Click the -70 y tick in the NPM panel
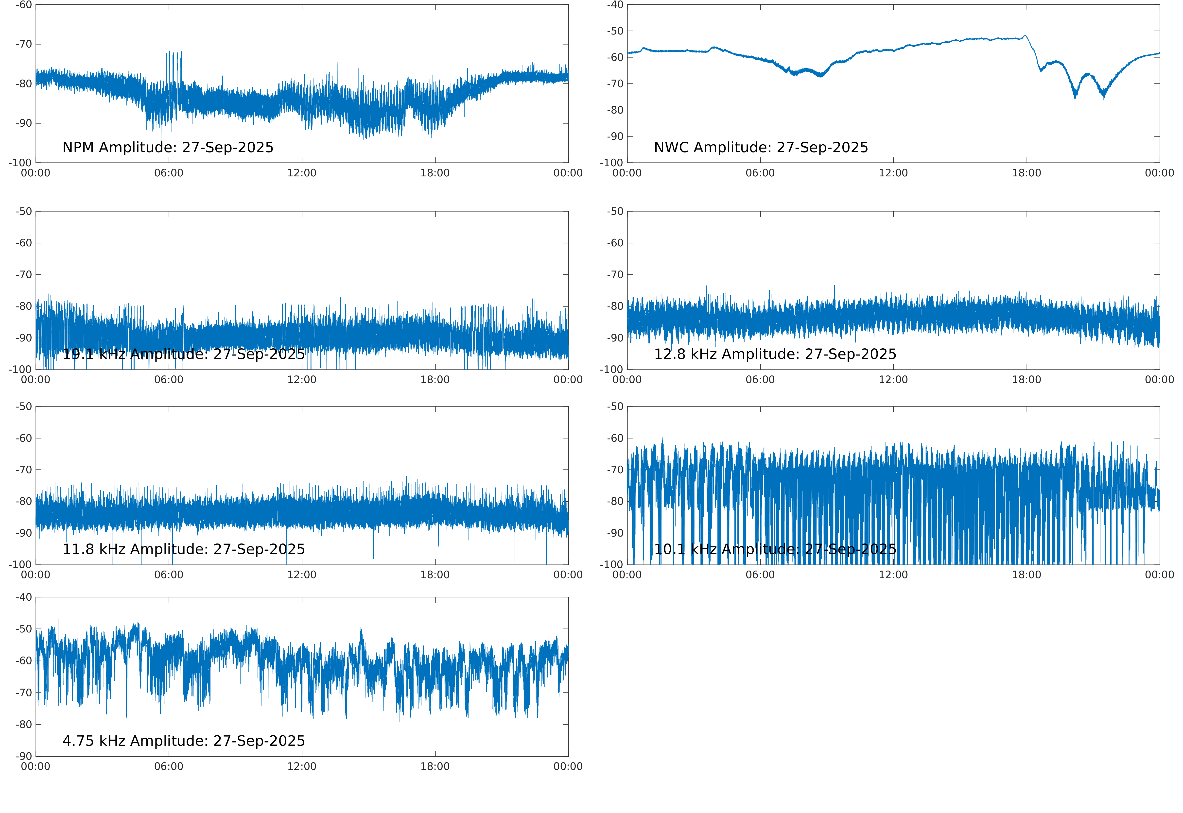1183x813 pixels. tap(23, 44)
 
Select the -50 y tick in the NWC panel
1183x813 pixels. tap(615, 31)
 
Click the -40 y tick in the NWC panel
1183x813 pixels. tap(615, 5)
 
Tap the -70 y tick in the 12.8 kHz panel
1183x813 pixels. tap(615, 275)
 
